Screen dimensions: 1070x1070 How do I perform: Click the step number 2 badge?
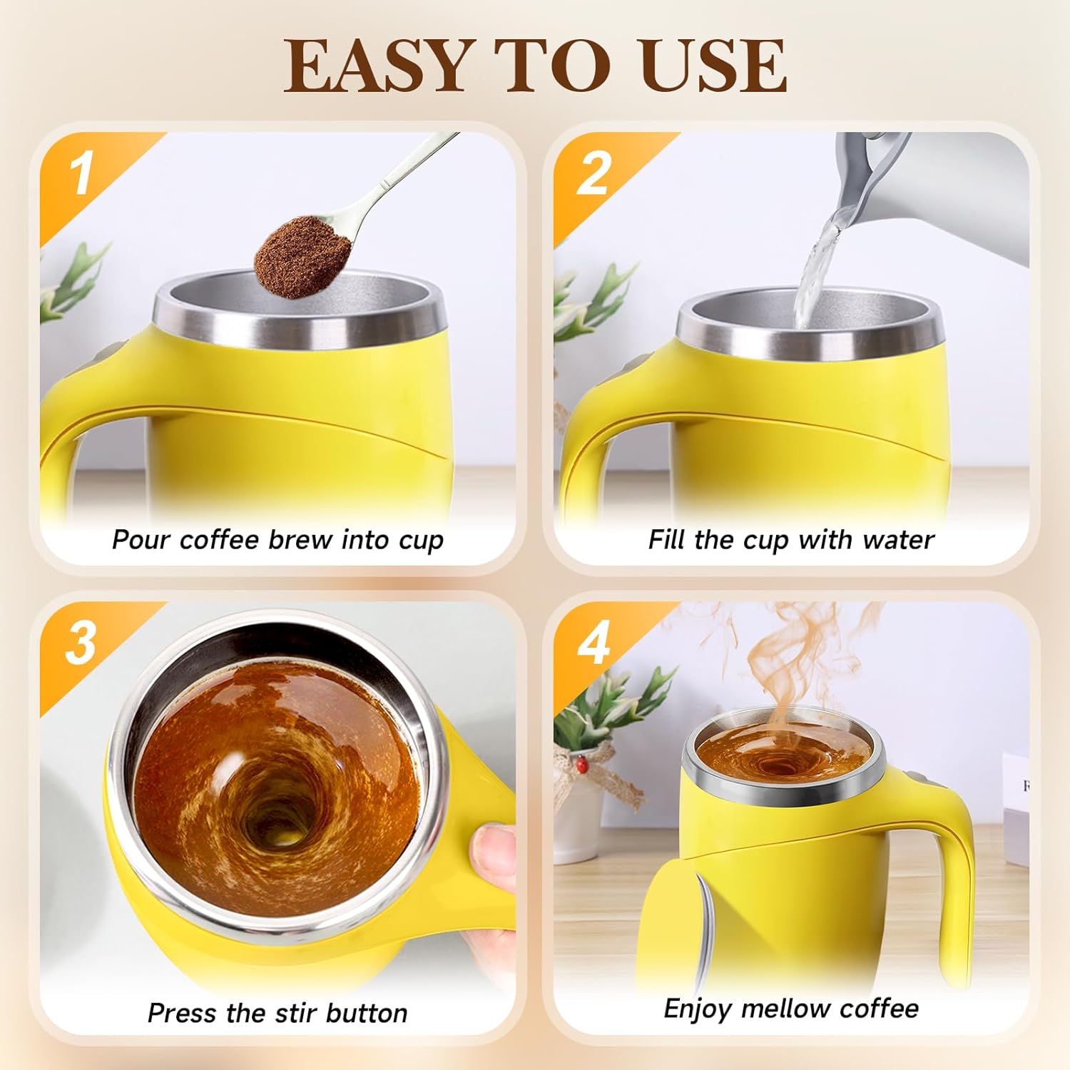coord(593,173)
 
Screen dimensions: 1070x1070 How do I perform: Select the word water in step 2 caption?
coord(898,540)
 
